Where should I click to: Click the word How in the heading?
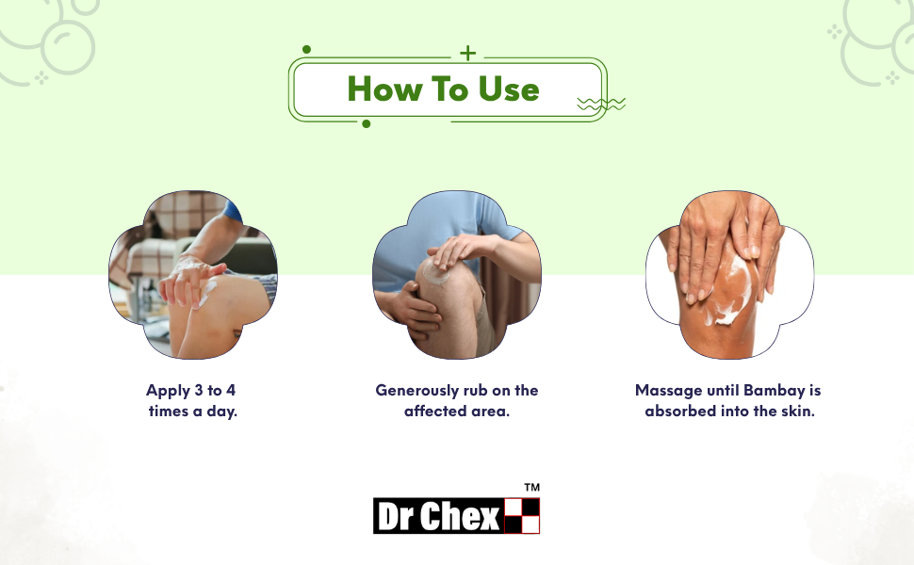pyautogui.click(x=384, y=89)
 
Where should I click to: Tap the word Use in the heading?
pyautogui.click(x=509, y=89)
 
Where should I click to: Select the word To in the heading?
pyautogui.click(x=449, y=89)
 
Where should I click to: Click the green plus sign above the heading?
pyautogui.click(x=467, y=54)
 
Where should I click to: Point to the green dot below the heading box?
pyautogui.click(x=366, y=123)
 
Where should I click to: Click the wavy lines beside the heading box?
pyautogui.click(x=601, y=105)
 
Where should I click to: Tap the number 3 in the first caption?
pyautogui.click(x=198, y=390)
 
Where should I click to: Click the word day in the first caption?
pyautogui.click(x=221, y=412)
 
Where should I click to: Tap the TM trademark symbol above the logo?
pyautogui.click(x=531, y=488)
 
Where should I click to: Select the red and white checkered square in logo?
pyautogui.click(x=522, y=515)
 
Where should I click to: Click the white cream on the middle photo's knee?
pyautogui.click(x=435, y=271)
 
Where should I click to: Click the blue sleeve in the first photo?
pyautogui.click(x=233, y=210)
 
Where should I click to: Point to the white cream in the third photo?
pyautogui.click(x=729, y=291)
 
